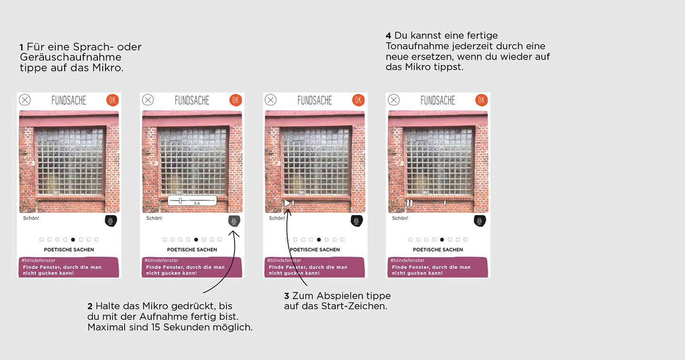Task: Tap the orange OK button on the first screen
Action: (112, 100)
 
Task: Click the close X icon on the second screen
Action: (148, 100)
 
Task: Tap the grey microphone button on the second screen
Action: (234, 221)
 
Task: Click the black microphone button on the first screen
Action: (111, 221)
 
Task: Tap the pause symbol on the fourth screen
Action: (410, 203)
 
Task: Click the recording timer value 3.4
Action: (196, 203)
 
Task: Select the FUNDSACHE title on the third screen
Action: (315, 100)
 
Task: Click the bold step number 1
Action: (21, 48)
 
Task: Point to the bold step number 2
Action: (90, 306)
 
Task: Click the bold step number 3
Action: (286, 296)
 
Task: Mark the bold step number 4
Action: (388, 36)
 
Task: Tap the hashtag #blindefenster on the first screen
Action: (38, 261)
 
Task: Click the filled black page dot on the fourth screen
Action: (442, 240)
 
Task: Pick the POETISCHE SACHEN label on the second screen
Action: (192, 250)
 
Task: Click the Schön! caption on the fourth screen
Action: (400, 218)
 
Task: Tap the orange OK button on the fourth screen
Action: (481, 100)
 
